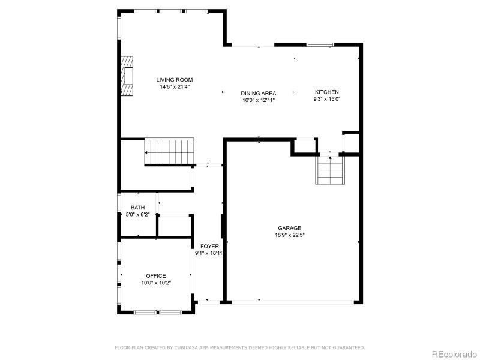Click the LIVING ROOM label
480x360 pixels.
[175, 80]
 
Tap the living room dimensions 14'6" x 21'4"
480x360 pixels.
[175, 87]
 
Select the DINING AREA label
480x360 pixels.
[259, 93]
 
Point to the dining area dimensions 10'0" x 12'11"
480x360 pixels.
[259, 100]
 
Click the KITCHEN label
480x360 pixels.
[327, 92]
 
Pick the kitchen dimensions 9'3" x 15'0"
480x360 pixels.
[327, 99]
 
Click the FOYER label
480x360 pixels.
[209, 246]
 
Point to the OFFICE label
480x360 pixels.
[156, 276]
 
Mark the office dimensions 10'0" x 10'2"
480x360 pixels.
[156, 283]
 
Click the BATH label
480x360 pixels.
[137, 208]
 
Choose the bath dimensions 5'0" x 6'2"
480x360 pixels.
[137, 214]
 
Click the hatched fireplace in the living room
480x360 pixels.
[127, 76]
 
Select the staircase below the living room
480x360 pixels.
[170, 151]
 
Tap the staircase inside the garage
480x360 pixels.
[329, 172]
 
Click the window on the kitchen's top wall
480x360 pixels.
[320, 44]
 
